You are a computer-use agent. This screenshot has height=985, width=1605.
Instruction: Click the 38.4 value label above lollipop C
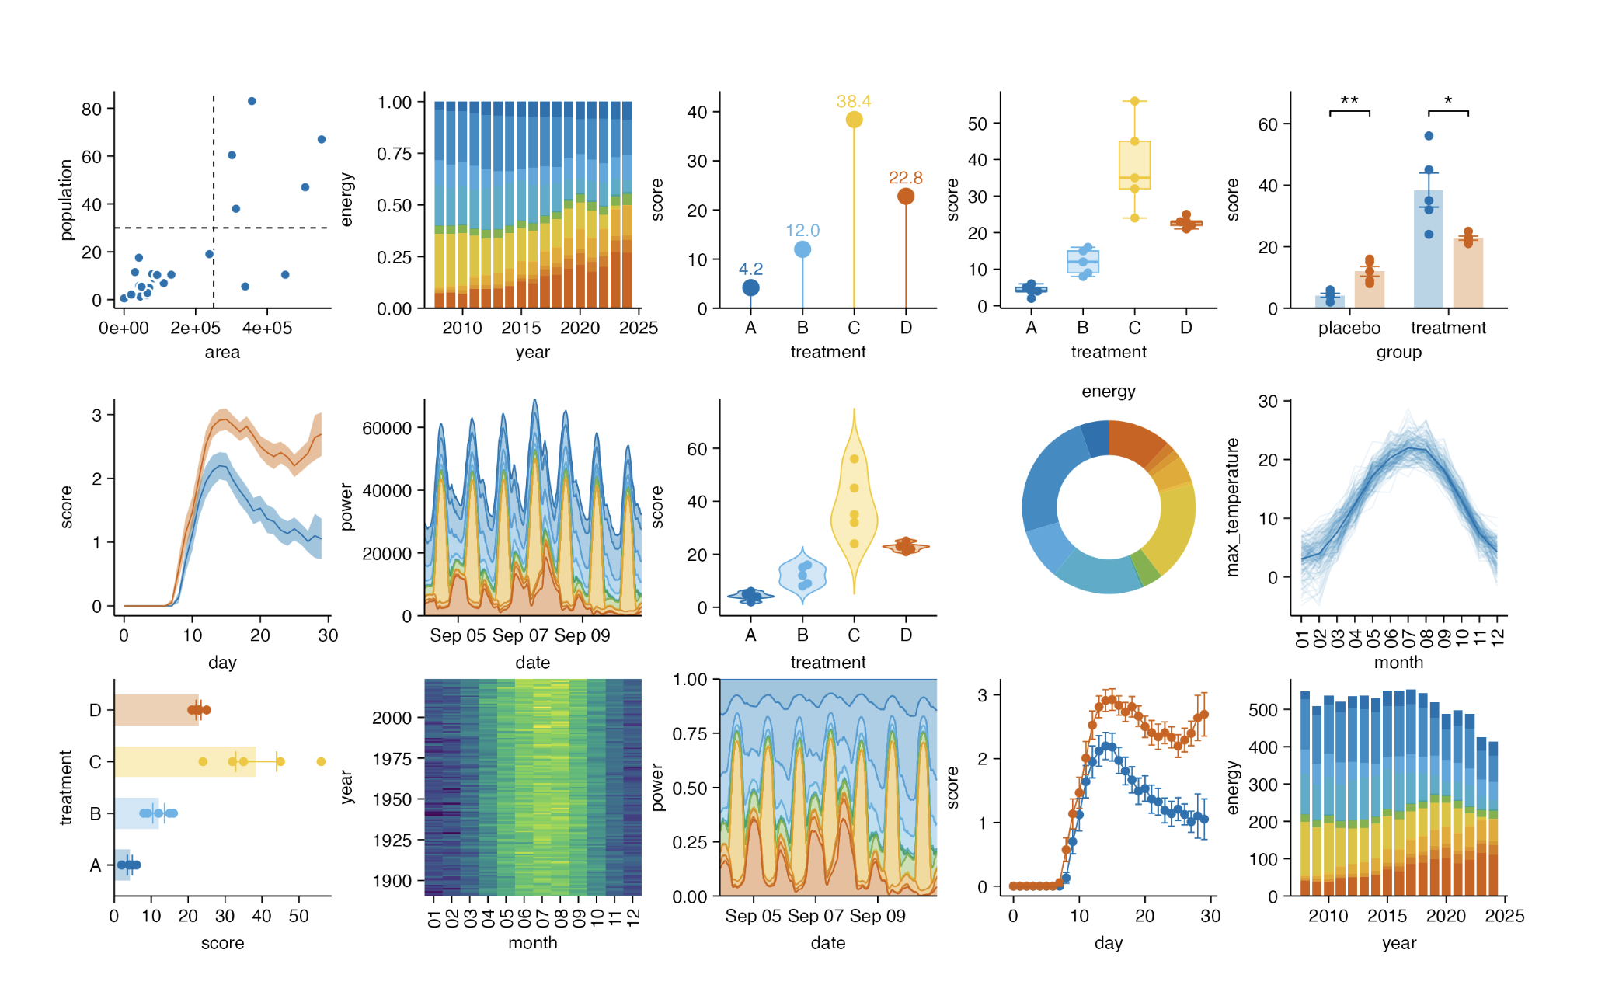coord(853,102)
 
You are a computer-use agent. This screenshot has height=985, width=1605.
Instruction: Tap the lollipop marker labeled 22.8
coord(905,197)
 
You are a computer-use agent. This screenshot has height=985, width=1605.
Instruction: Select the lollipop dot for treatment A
coord(750,288)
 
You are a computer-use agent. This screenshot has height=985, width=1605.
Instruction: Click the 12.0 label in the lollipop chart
coord(802,231)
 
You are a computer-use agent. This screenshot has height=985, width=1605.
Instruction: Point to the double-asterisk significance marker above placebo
coord(1349,101)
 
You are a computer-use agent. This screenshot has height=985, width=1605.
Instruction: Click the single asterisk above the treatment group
coord(1448,101)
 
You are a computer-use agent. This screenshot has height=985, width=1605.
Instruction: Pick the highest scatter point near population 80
coord(252,102)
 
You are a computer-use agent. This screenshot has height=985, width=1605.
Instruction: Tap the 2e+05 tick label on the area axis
coord(195,329)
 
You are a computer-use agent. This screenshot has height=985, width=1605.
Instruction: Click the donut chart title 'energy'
coord(1108,392)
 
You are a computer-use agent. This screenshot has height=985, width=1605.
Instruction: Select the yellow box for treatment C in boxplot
coord(1134,165)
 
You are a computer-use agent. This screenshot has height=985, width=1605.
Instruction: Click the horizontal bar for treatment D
coord(156,710)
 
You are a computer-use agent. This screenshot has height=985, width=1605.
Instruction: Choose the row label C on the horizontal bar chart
coord(96,762)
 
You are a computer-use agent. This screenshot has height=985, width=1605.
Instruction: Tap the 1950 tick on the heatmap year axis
coord(392,799)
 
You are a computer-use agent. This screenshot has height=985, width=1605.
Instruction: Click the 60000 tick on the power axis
coord(387,428)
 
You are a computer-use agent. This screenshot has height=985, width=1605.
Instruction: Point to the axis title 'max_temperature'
coord(1232,507)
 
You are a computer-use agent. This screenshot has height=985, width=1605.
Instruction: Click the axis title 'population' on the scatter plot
coord(66,200)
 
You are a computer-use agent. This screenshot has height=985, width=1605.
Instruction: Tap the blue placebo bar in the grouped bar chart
coord(1329,301)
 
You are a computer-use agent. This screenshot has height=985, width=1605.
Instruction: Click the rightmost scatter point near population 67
coord(322,140)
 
